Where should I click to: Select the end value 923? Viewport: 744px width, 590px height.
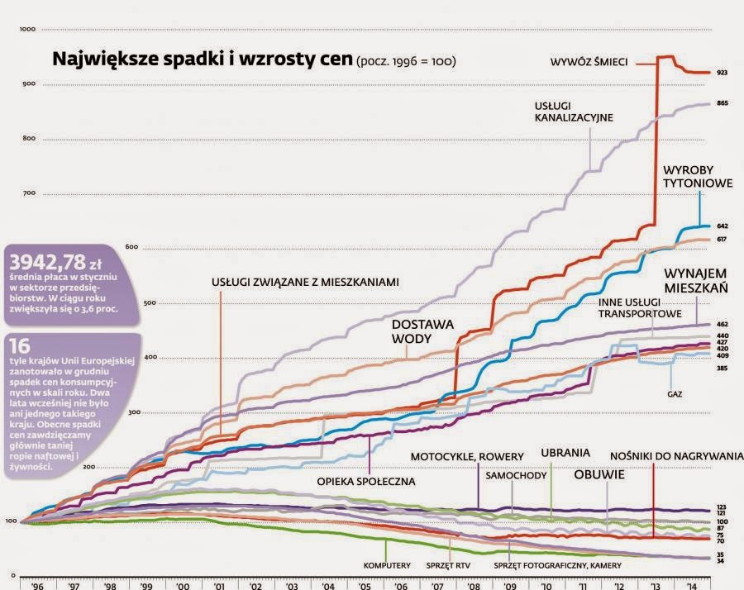(722, 74)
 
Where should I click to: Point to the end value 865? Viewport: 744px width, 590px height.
(722, 104)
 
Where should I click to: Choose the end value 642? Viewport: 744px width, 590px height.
(722, 226)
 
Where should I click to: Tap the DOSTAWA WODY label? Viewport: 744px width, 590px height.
(422, 331)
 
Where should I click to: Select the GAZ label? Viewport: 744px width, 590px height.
(675, 394)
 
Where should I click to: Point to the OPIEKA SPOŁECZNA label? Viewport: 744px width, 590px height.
(365, 480)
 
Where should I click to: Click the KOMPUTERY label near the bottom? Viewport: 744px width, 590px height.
(387, 566)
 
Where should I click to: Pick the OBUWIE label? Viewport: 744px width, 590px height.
(599, 476)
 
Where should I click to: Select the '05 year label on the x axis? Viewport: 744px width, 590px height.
(365, 584)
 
